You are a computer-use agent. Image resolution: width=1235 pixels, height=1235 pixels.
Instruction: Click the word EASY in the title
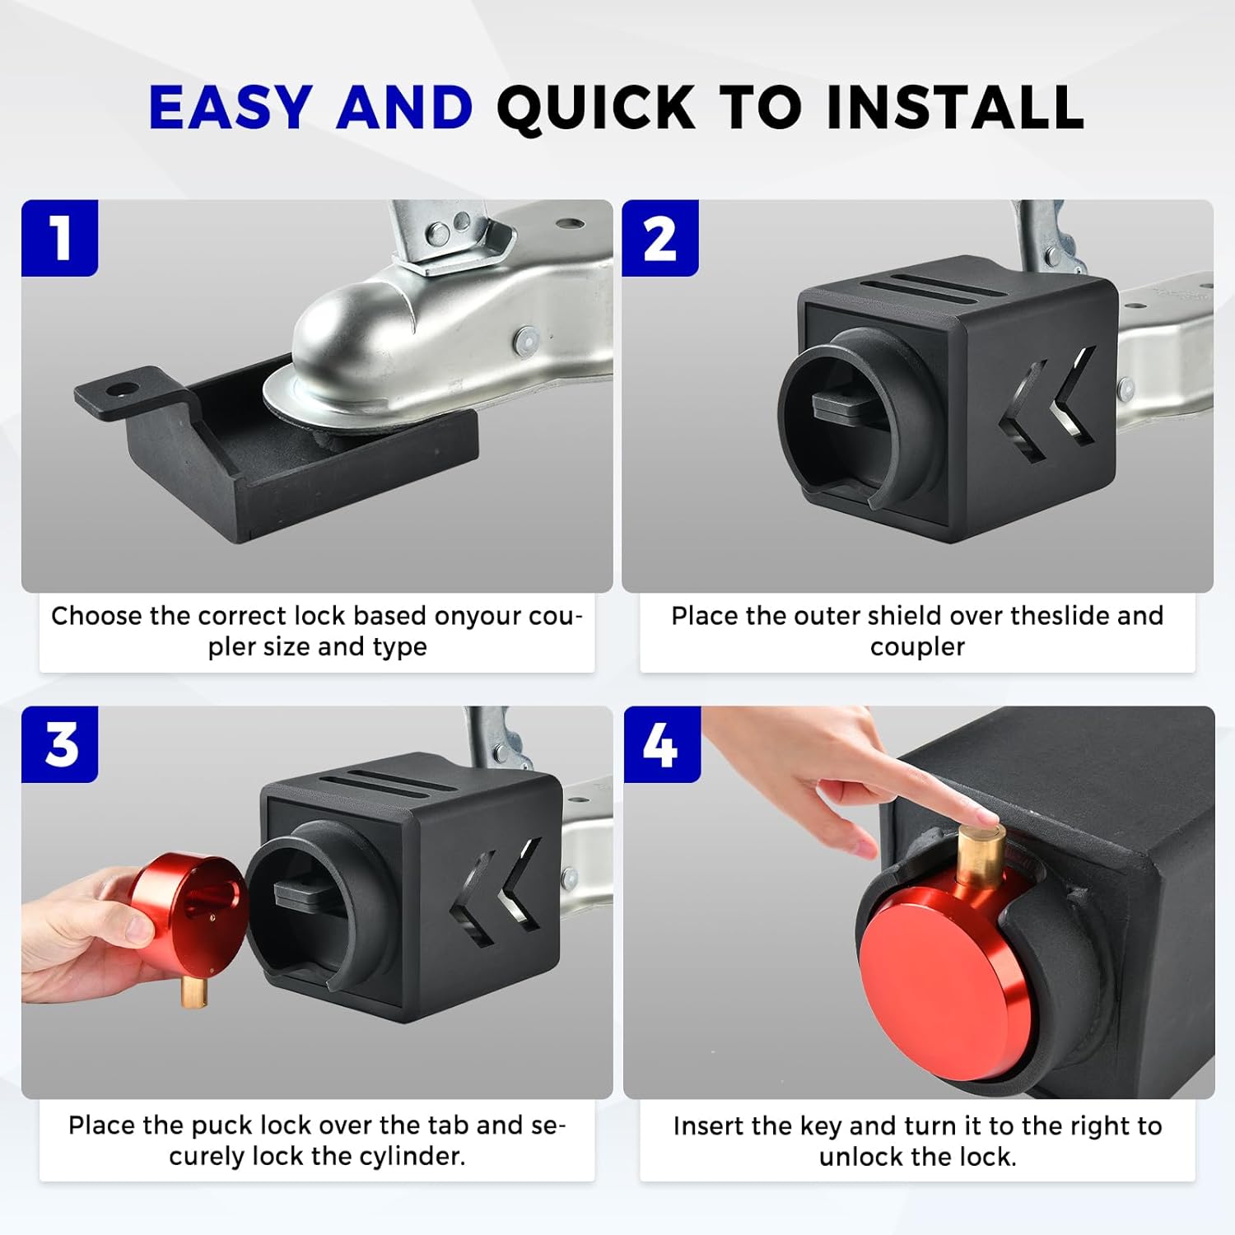point(230,108)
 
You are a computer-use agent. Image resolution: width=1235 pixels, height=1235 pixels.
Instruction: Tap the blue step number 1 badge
point(60,239)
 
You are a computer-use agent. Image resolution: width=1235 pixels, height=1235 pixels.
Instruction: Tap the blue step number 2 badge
point(659,239)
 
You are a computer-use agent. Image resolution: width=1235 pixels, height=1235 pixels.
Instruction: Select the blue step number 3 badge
point(60,744)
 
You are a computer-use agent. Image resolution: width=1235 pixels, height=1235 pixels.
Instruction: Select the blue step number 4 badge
point(661,744)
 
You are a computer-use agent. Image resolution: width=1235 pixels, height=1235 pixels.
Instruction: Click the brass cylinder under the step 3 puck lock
point(194,989)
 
